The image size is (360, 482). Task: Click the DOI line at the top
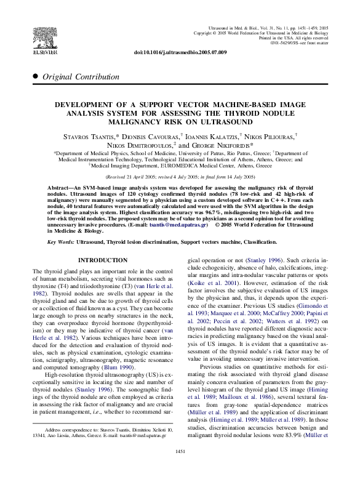tap(180, 52)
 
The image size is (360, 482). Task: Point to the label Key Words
tap(60, 243)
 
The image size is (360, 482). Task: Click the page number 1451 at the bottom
tap(180, 469)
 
